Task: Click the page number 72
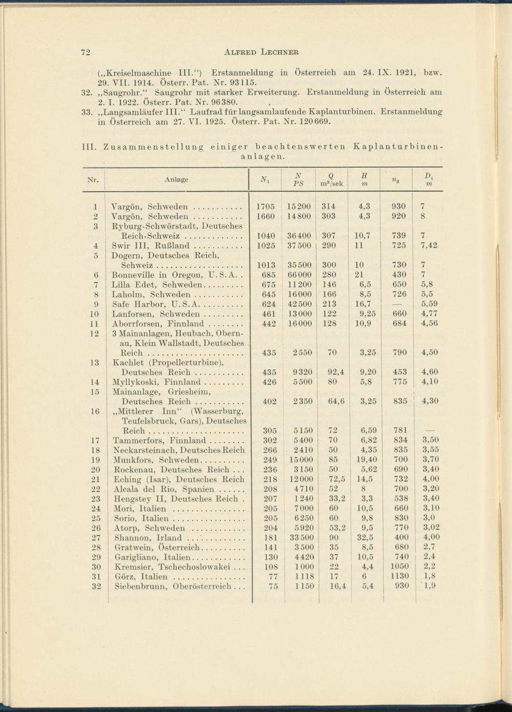pyautogui.click(x=86, y=52)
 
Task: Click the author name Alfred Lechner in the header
pyautogui.click(x=262, y=52)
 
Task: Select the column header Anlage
pyautogui.click(x=176, y=179)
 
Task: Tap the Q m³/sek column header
pyautogui.click(x=331, y=179)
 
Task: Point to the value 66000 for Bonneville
pyautogui.click(x=300, y=275)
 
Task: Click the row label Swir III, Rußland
pyautogui.click(x=151, y=245)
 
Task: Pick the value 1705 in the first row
pyautogui.click(x=265, y=206)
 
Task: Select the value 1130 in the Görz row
pyautogui.click(x=399, y=576)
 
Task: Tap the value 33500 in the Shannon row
pyautogui.click(x=300, y=537)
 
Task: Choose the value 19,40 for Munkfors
pyautogui.click(x=366, y=459)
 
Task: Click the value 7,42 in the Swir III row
pyautogui.click(x=429, y=245)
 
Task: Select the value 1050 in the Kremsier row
pyautogui.click(x=399, y=567)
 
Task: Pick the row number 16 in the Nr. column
pyautogui.click(x=95, y=411)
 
